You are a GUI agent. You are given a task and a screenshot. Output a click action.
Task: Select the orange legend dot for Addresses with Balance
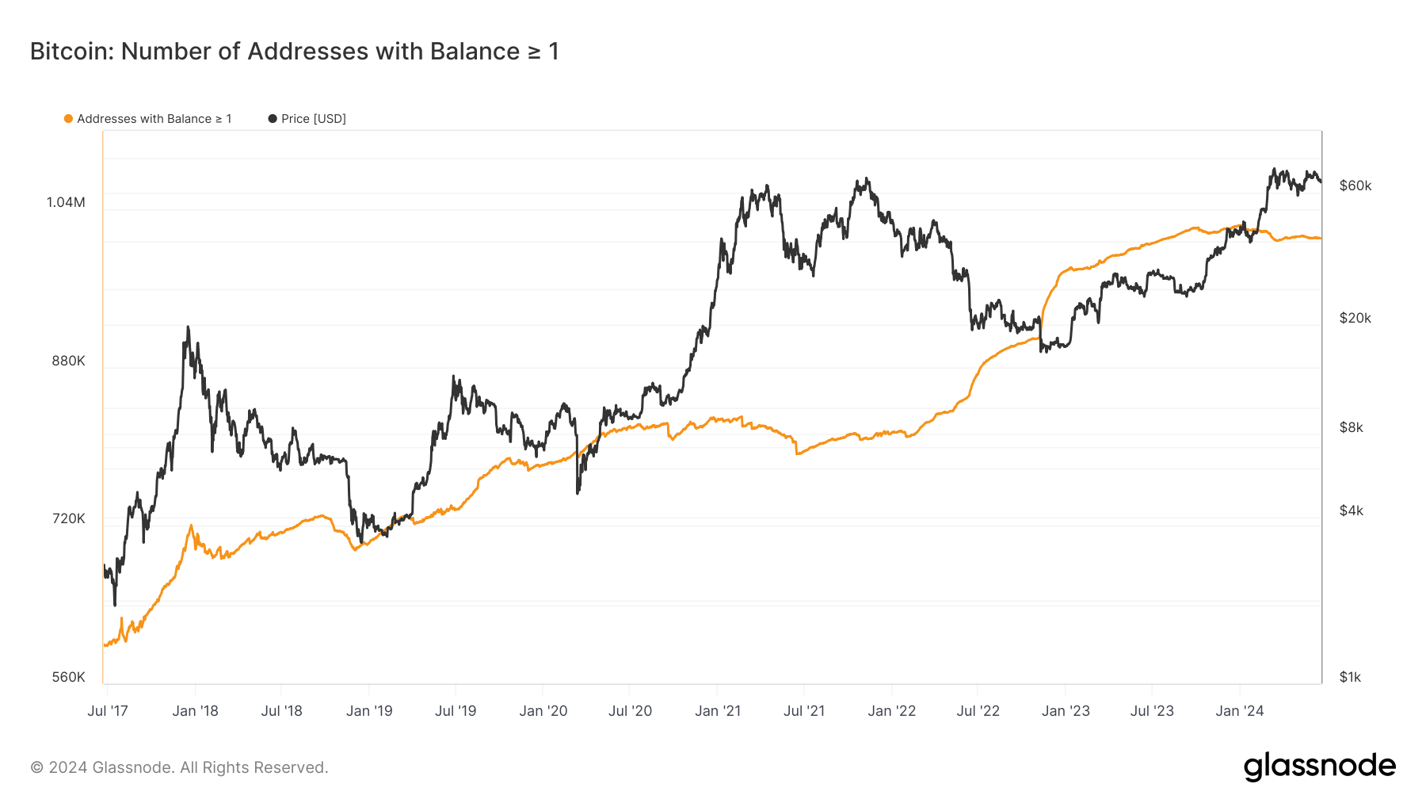coord(68,119)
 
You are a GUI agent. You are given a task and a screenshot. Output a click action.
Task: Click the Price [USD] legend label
coord(313,119)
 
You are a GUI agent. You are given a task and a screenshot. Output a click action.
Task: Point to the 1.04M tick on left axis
coord(66,202)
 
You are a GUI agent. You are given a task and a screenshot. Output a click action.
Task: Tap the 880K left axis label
coord(68,361)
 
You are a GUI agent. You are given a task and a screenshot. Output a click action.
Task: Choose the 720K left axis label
coord(68,518)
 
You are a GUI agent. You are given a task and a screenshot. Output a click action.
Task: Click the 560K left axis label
coord(68,677)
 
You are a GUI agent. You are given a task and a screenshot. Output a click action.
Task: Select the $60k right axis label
coord(1355,185)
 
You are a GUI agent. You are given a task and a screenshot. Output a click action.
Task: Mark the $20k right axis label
coord(1355,318)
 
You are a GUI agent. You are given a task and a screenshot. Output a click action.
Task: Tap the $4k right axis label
coord(1351,510)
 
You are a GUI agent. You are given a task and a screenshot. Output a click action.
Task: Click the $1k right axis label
coord(1350,677)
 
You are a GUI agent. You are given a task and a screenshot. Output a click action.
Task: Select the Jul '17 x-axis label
coord(108,711)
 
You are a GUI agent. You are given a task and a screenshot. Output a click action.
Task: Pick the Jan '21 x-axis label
coord(718,711)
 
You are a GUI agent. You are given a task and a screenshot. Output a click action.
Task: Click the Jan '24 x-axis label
coord(1240,711)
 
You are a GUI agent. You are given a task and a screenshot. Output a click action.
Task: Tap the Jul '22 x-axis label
coord(978,711)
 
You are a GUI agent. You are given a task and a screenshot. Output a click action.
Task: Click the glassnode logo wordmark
coord(1319,767)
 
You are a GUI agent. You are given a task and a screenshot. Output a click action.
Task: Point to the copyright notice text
coord(179,767)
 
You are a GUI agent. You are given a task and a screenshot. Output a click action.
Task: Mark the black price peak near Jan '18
coord(188,327)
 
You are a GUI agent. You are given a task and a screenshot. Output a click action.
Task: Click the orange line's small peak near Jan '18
coord(191,526)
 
